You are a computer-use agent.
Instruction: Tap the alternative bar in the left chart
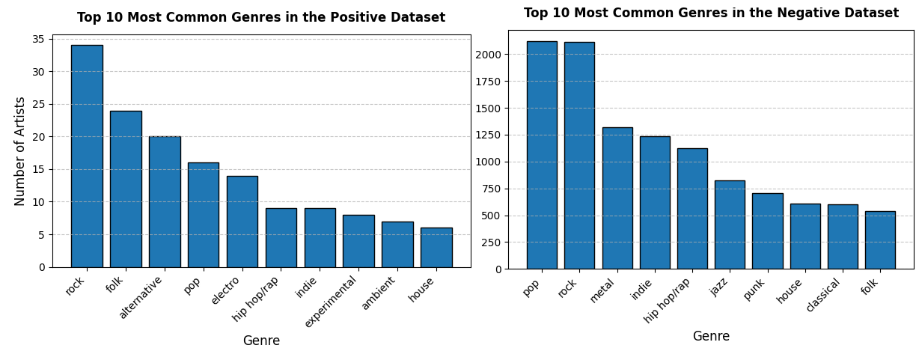[165, 201]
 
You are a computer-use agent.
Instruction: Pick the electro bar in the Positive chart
[242, 222]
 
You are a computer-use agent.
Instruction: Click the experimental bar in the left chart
[358, 241]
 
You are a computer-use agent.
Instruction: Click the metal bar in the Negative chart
[617, 198]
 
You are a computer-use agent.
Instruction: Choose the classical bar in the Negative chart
[843, 237]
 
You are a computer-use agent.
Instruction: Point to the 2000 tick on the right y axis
[487, 55]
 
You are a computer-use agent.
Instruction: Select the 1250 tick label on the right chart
[487, 135]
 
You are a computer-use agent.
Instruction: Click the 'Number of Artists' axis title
[21, 151]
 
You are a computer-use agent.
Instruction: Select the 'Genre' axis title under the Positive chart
[261, 341]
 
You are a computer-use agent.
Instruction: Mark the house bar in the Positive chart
[436, 248]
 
